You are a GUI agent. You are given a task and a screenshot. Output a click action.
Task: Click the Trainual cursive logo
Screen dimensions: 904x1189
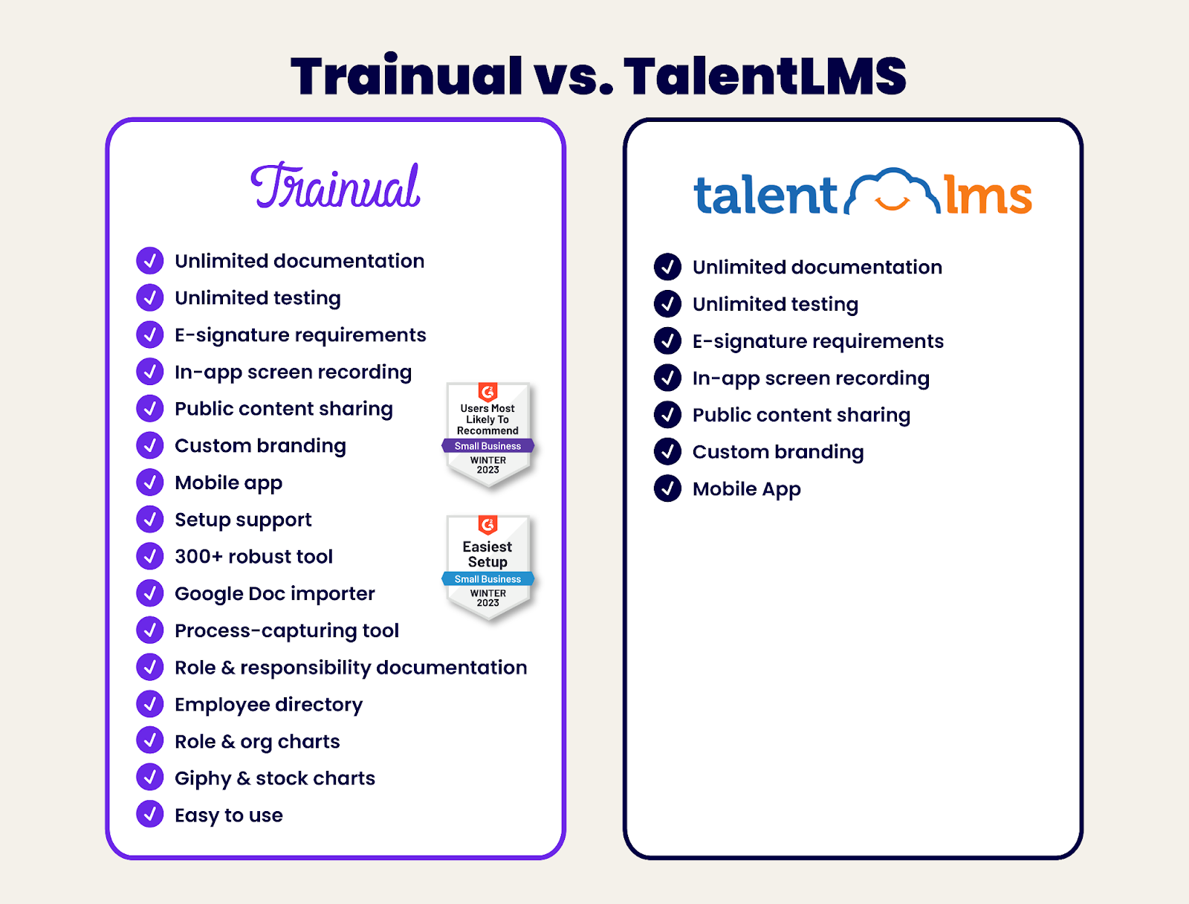336,187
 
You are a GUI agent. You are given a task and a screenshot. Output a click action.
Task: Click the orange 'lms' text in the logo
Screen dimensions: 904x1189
988,196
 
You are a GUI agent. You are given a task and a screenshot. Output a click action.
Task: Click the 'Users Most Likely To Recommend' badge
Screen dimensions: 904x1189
487,433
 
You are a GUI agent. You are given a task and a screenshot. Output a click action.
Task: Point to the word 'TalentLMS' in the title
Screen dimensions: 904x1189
765,76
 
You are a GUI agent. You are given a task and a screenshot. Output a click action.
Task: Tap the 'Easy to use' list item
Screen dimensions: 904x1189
228,816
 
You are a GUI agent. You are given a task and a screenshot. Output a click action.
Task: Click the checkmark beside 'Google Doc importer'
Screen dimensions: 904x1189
150,593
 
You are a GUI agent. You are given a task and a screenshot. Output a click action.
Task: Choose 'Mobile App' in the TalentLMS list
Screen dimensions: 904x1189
746,489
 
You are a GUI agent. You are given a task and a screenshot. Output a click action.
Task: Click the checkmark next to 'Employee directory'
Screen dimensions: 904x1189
150,704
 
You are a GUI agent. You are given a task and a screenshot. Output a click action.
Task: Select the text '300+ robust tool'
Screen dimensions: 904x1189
253,557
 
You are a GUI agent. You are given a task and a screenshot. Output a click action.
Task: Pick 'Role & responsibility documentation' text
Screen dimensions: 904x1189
351,668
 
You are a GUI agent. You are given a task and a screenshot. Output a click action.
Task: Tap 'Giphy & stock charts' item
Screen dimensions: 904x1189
274,778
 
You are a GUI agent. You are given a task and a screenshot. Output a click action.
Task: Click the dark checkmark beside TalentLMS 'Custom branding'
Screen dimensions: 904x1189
667,451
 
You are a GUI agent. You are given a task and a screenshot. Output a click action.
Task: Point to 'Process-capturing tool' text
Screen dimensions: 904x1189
286,630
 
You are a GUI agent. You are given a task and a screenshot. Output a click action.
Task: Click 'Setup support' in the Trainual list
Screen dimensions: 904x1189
243,520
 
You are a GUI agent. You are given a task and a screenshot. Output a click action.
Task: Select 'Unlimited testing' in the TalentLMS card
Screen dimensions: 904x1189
775,304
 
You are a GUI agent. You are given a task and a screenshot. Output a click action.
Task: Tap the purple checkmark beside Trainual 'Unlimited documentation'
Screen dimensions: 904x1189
150,261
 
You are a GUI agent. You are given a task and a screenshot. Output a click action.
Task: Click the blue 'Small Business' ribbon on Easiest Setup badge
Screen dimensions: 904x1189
487,579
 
